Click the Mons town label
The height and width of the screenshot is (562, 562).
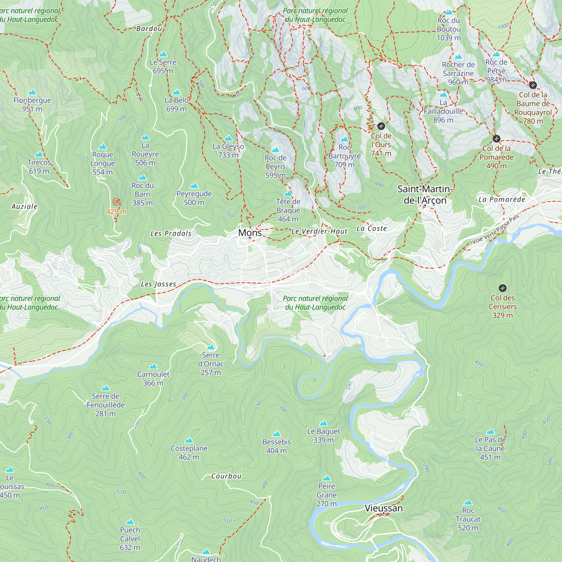pyautogui.click(x=250, y=233)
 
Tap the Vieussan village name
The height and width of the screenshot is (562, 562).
pyautogui.click(x=383, y=508)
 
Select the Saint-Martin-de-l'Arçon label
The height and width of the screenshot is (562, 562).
pyautogui.click(x=425, y=195)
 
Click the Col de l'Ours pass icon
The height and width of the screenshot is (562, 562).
pyautogui.click(x=381, y=126)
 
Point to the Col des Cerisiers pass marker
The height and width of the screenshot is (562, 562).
pyautogui.click(x=502, y=288)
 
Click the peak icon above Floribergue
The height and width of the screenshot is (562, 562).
pyautogui.click(x=32, y=92)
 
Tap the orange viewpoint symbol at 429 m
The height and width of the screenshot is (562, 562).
pyautogui.click(x=116, y=202)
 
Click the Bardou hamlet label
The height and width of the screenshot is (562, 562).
pyautogui.click(x=149, y=28)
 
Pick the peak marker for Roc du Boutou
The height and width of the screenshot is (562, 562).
pyautogui.click(x=449, y=12)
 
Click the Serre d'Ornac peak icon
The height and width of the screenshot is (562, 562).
pyautogui.click(x=210, y=347)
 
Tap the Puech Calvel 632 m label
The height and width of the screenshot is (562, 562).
pyautogui.click(x=130, y=538)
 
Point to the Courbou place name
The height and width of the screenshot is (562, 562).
pyautogui.click(x=226, y=476)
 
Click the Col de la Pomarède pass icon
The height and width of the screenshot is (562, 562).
pyautogui.click(x=496, y=139)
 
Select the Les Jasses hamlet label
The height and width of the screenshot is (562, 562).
pyautogui.click(x=158, y=284)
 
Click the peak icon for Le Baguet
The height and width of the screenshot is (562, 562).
pyautogui.click(x=323, y=423)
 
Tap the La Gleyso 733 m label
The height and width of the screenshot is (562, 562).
pyautogui.click(x=228, y=150)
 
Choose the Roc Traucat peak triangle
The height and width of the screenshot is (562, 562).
pyautogui.click(x=468, y=502)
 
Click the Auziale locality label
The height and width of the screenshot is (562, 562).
pyautogui.click(x=24, y=207)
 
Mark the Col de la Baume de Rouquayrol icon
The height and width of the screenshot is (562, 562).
pyautogui.click(x=532, y=85)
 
